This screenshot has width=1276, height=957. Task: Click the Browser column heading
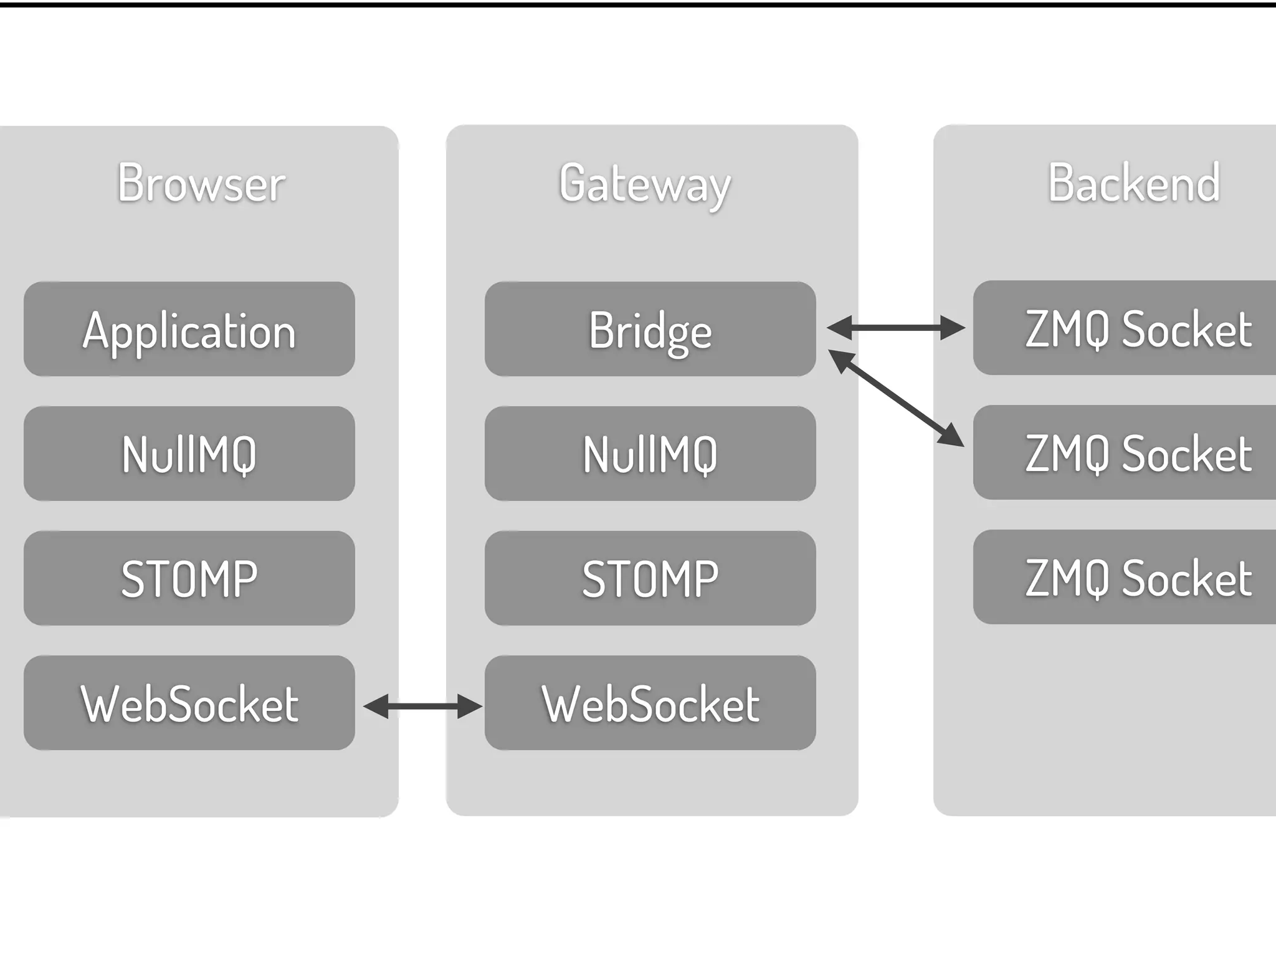(201, 183)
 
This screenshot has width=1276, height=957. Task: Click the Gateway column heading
(645, 184)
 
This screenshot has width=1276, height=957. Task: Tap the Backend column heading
(1133, 183)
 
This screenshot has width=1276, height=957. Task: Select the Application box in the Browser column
(189, 329)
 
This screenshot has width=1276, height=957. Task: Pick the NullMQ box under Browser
(189, 454)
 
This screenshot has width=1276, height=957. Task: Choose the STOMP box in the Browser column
(189, 578)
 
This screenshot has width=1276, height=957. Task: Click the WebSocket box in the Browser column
(189, 703)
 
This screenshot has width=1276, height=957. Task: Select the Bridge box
(650, 329)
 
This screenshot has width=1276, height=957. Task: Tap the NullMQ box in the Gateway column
(650, 454)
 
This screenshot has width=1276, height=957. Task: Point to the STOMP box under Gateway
(650, 578)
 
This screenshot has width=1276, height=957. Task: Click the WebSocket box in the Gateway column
(650, 703)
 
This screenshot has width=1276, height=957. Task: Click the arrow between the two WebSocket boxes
(422, 706)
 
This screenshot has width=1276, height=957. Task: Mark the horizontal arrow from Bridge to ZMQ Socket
(895, 327)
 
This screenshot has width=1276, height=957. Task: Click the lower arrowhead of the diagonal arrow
(951, 436)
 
